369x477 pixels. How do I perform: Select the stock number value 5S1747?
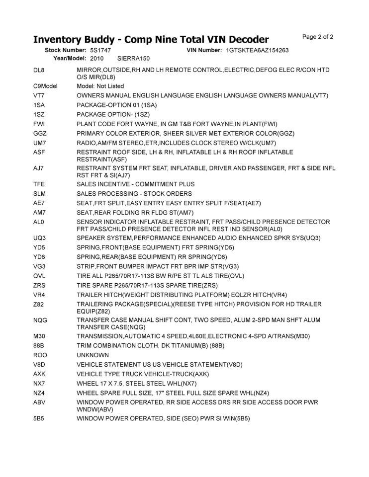click(100, 51)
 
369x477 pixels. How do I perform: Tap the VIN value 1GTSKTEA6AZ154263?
click(257, 51)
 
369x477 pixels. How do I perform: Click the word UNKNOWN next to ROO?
click(93, 355)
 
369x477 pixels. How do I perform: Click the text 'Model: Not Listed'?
click(100, 86)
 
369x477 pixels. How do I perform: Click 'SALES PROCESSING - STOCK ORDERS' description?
click(134, 193)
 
